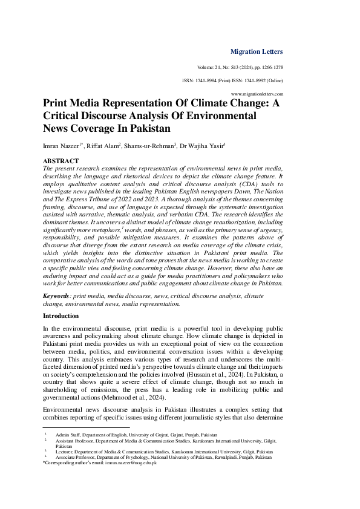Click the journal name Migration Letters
coord(257,51)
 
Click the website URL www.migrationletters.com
coord(257,94)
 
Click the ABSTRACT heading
coord(61,161)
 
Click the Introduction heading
coord(61,316)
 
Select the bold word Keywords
coord(56,296)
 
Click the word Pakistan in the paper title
coord(150,129)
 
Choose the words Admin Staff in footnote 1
coord(67,435)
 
